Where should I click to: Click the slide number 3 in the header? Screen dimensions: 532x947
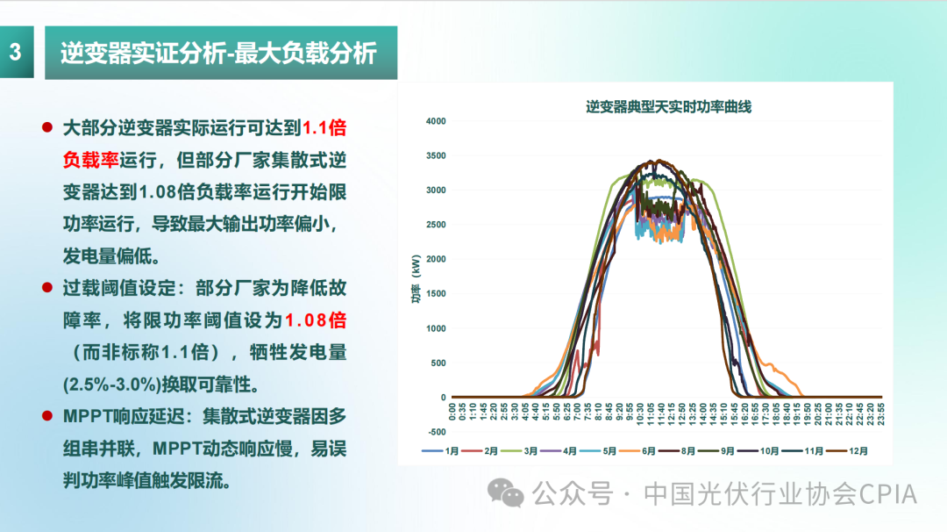[x=15, y=52]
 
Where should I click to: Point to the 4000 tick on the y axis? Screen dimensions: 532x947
[x=435, y=121]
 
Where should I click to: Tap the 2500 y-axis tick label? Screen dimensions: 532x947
[x=435, y=225]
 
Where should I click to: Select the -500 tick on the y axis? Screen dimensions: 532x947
[x=436, y=432]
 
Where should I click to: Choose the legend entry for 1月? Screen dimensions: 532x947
[x=444, y=450]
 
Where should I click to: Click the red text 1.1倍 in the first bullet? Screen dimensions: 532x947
[x=324, y=128]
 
